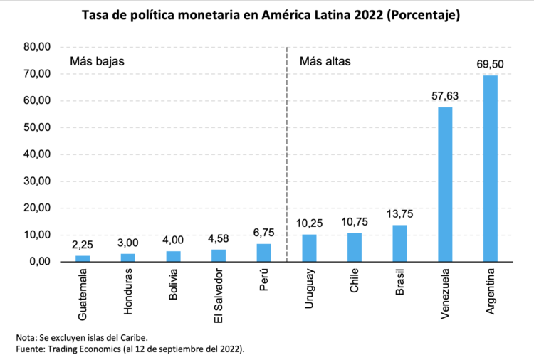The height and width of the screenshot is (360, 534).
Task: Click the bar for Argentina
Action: point(490,169)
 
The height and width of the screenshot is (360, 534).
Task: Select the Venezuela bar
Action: point(445,184)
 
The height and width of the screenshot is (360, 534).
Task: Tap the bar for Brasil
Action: point(399,243)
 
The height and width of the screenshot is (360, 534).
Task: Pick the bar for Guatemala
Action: point(83,258)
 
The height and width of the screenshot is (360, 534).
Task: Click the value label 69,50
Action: point(490,65)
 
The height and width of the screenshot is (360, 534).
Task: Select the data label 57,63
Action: point(445,96)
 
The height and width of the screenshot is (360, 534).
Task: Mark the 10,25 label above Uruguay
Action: point(309,223)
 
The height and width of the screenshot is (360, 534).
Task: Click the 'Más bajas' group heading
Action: point(97,61)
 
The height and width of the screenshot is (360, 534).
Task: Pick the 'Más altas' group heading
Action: point(325,61)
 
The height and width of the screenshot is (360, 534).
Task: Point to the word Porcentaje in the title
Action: point(417,15)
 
